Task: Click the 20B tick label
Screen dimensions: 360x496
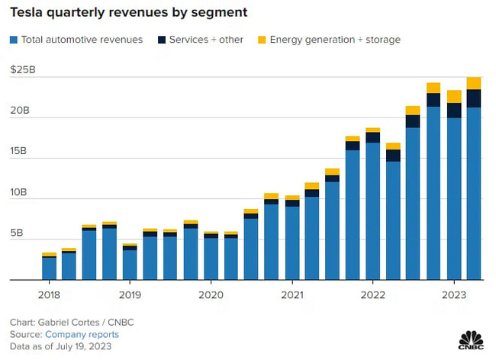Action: coord(21,111)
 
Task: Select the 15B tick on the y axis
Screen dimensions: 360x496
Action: coord(21,151)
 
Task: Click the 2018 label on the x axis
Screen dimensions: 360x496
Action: coord(49,294)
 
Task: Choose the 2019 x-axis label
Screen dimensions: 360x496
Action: coord(130,294)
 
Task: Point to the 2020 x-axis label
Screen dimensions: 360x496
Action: coord(211,294)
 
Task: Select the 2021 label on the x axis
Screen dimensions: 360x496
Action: coord(291,294)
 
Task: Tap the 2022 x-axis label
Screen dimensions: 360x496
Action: coord(372,294)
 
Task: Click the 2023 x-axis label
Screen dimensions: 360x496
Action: coord(453,294)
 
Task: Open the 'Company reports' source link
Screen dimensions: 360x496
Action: coord(82,334)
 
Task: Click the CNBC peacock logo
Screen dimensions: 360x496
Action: coord(468,340)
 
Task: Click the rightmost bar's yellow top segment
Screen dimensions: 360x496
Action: coord(474,83)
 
